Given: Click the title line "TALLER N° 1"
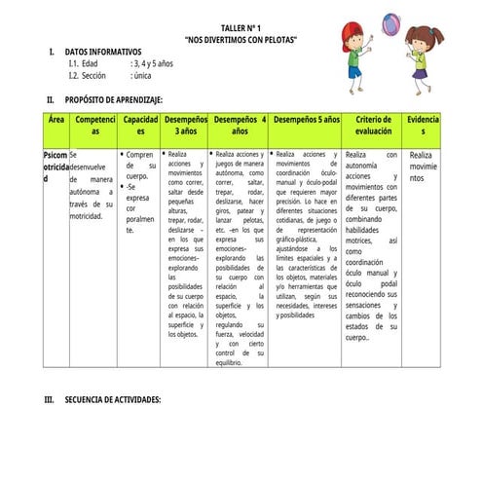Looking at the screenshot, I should coord(241,28).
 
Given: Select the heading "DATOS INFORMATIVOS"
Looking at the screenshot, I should coord(102,51).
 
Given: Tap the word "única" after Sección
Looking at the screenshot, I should coord(141,75).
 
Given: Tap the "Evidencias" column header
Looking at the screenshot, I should coord(423,125).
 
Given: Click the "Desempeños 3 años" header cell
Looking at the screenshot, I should coord(184,125).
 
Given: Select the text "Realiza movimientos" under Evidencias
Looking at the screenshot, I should coord(423,167).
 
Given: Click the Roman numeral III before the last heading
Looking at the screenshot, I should coord(51,400).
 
